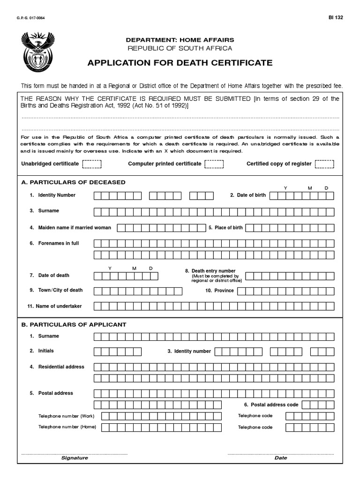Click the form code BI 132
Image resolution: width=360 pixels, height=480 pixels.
click(x=336, y=17)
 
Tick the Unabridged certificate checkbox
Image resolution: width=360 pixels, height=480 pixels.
click(x=92, y=164)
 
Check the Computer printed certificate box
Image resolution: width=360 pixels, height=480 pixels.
click(x=214, y=164)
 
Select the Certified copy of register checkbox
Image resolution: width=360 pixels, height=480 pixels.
click(x=324, y=164)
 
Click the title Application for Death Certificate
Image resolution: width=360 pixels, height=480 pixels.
click(x=180, y=63)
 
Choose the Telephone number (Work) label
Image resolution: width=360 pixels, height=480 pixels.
click(x=66, y=416)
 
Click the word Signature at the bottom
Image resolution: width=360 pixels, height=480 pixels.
click(x=75, y=458)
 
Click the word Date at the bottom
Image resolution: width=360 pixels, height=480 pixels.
click(x=281, y=458)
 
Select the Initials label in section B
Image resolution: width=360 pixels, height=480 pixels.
click(x=46, y=351)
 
